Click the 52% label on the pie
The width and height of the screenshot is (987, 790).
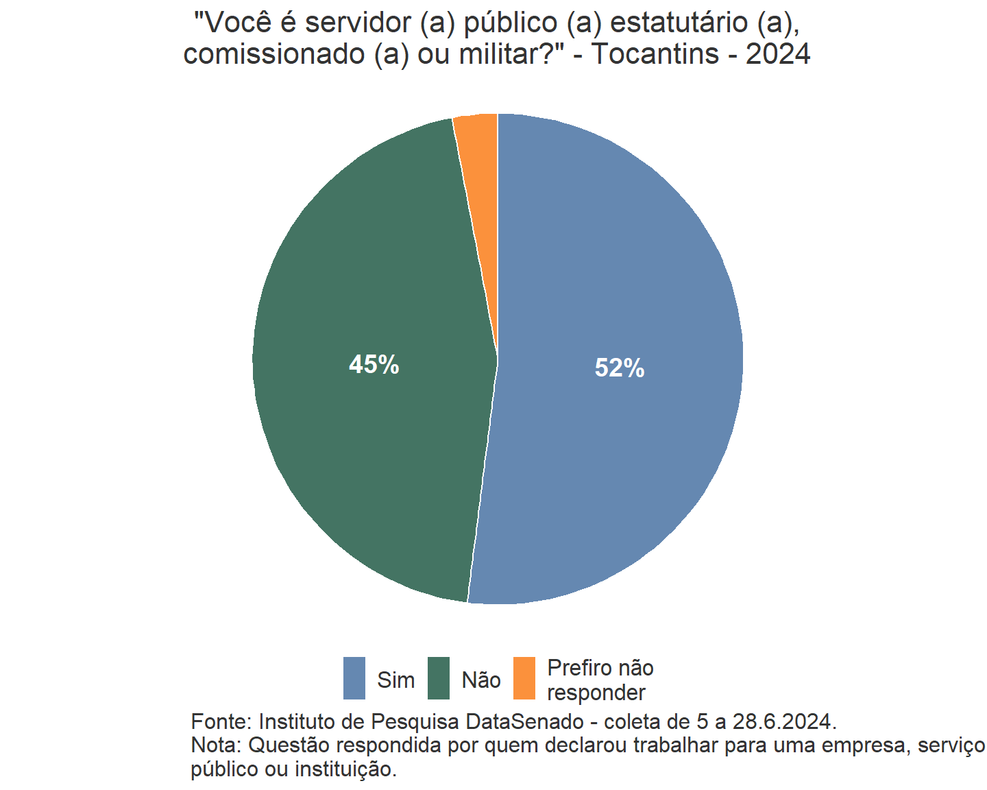pos(620,368)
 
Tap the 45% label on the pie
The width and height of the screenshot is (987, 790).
pos(374,365)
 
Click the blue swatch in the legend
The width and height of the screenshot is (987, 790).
pos(354,678)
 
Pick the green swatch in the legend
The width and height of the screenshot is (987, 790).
pos(439,678)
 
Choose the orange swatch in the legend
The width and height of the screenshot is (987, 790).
pos(524,678)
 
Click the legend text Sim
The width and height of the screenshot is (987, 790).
pos(396,680)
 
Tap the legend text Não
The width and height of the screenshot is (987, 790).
pos(481,680)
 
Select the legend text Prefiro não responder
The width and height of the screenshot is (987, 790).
pos(600,680)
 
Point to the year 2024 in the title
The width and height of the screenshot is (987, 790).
pos(778,53)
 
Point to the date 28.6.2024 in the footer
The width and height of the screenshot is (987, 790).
pos(784,721)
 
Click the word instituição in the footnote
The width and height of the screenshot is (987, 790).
pos(346,769)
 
